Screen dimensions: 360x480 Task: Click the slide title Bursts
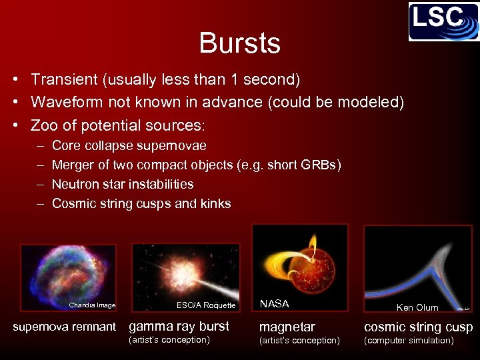point(239,43)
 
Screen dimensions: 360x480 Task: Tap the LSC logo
point(443,22)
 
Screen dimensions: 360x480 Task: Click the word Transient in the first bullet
point(64,80)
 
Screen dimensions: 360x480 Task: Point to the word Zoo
point(45,125)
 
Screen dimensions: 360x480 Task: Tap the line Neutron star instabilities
point(123,184)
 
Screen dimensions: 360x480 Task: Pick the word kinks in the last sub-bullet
point(215,203)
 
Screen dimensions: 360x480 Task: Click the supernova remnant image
point(68,273)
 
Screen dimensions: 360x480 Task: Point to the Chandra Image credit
point(92,305)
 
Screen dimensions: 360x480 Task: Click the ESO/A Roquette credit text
point(206,305)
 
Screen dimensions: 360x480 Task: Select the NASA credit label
point(274,304)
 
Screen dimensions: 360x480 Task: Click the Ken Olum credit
point(417,307)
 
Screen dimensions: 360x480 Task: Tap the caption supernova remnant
point(65,327)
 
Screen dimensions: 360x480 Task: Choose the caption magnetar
point(287,327)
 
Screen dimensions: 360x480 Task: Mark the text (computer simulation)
point(409,341)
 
